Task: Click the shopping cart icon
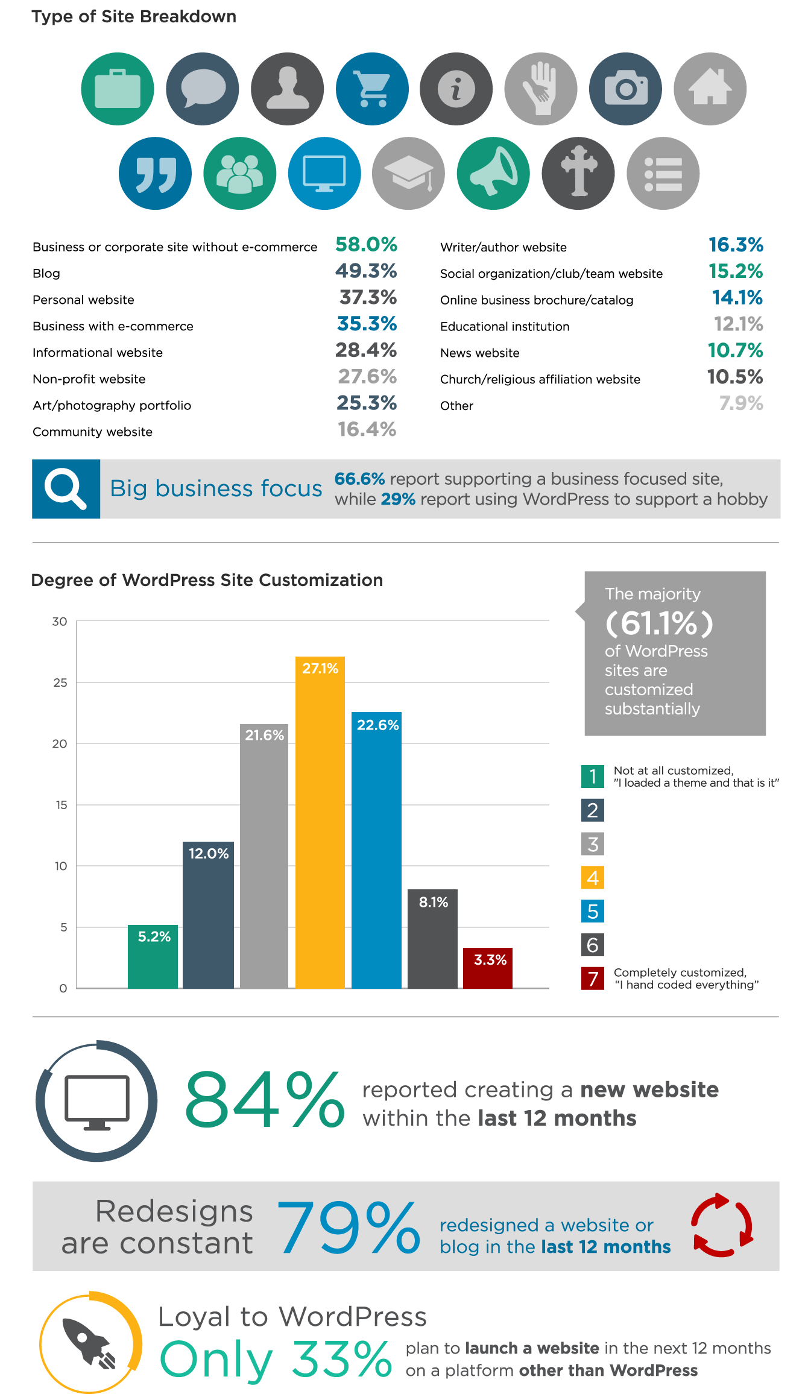point(372,89)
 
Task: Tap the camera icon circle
point(625,89)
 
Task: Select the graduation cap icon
point(409,174)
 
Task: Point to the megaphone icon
point(493,174)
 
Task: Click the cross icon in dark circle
point(578,174)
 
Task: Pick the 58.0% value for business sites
point(366,245)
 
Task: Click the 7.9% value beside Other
point(741,403)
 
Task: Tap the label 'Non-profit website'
point(89,379)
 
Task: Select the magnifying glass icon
point(66,489)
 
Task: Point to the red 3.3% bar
point(488,968)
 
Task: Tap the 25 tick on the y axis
point(60,683)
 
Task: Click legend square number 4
point(593,878)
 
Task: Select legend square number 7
point(593,979)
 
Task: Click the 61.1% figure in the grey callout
point(659,623)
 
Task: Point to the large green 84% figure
point(265,1100)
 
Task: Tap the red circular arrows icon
point(722,1225)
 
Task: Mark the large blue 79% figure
point(348,1228)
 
